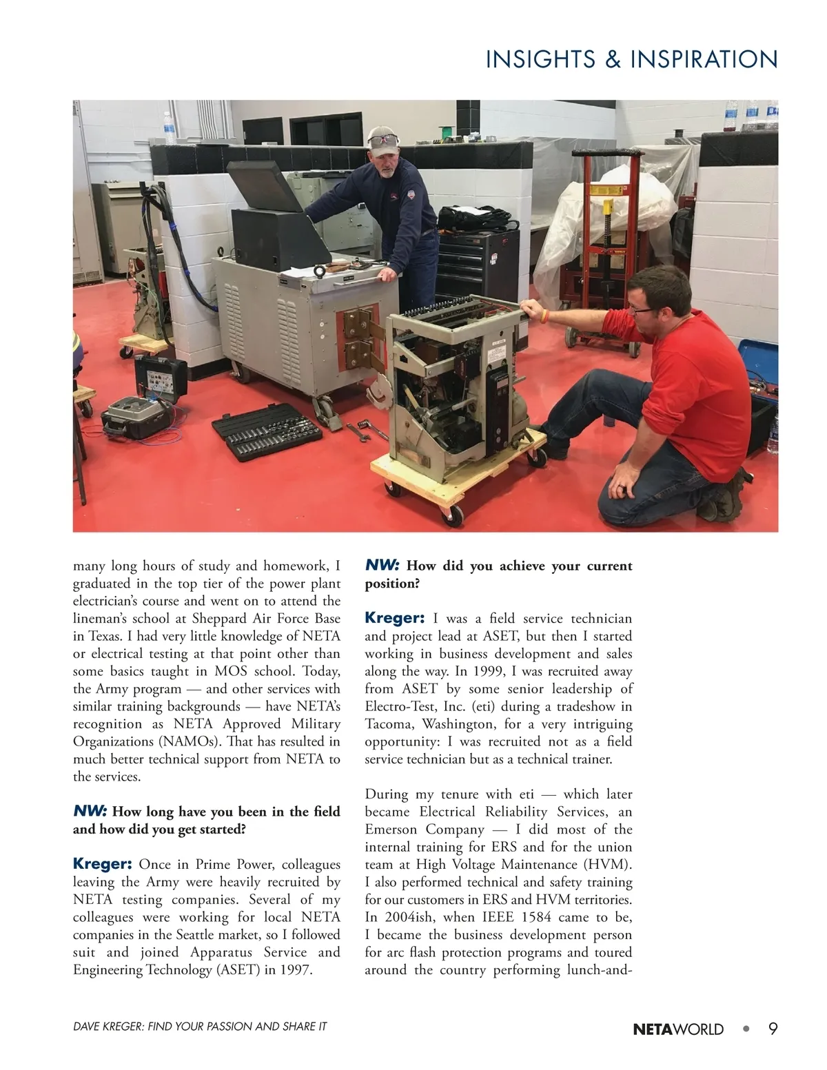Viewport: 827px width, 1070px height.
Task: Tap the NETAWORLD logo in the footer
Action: pyautogui.click(x=678, y=1030)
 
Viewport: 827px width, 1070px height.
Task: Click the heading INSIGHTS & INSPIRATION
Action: pyautogui.click(x=631, y=59)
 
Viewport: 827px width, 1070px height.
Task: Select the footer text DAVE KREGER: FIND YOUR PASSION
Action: pyautogui.click(x=200, y=1027)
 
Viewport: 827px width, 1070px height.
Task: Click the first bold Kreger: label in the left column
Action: pyautogui.click(x=103, y=864)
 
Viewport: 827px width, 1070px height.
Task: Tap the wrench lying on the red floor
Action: pyautogui.click(x=365, y=431)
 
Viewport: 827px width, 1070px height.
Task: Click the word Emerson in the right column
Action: pyautogui.click(x=390, y=830)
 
